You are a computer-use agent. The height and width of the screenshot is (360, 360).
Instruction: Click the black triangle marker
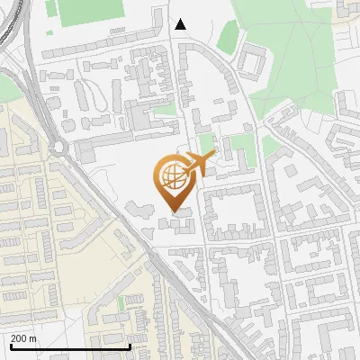[181, 24]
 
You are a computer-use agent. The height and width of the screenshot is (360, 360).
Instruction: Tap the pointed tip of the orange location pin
[175, 211]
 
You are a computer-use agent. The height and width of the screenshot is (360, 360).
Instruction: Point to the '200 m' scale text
[24, 338]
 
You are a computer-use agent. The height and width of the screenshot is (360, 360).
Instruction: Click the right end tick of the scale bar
[130, 346]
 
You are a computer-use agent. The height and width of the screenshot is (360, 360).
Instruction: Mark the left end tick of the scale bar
[10, 346]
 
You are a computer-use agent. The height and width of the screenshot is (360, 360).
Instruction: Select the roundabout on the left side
[60, 147]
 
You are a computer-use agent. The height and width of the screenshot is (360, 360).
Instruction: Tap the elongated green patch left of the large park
[228, 37]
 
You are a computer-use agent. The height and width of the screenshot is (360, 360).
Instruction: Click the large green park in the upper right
[288, 54]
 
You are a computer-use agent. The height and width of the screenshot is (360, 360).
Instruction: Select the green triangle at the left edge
[7, 87]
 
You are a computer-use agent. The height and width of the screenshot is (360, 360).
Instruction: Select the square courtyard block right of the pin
[231, 212]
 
